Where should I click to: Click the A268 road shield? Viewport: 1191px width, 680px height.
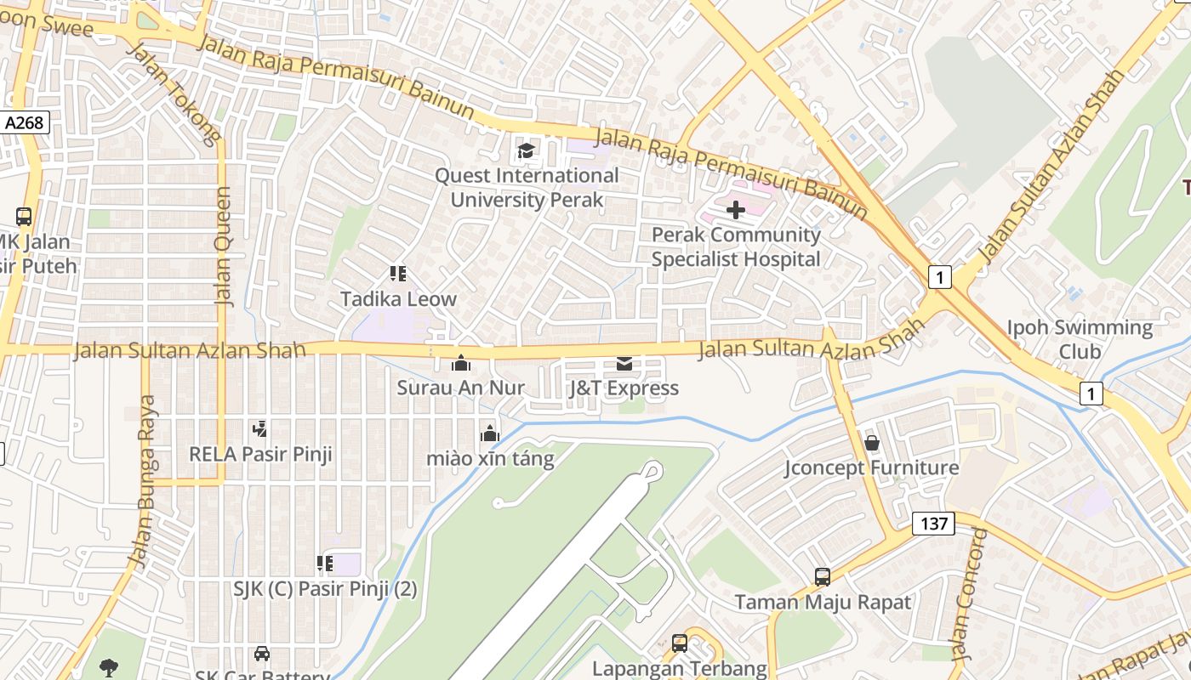[24, 122]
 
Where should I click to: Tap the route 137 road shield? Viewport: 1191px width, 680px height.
[933, 524]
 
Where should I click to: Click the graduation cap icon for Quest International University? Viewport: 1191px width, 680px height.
[527, 151]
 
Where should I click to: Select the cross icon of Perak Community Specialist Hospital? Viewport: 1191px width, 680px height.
[736, 209]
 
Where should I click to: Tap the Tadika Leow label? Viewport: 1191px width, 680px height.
[398, 299]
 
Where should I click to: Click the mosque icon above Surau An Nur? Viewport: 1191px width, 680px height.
[461, 364]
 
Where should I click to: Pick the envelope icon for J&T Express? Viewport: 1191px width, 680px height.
[624, 364]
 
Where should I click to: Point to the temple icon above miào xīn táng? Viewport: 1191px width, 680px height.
[489, 434]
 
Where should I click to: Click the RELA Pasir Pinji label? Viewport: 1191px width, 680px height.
[260, 454]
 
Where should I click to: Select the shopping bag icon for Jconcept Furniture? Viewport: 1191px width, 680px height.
[872, 443]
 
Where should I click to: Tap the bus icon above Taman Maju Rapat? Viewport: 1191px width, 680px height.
[823, 577]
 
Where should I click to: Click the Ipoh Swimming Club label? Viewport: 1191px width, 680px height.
[1080, 339]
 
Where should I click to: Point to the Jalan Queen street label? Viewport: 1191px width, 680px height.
[224, 246]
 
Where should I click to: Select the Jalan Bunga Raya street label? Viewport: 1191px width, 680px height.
[145, 480]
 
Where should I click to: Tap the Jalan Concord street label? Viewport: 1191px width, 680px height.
[969, 595]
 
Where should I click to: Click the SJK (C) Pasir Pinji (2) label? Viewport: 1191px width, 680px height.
[326, 588]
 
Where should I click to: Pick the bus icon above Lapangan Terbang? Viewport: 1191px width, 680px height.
[680, 643]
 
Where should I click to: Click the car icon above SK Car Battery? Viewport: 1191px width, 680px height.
[262, 654]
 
